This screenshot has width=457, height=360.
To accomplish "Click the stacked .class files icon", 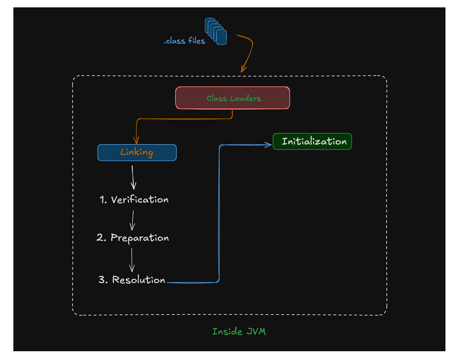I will coord(216,31).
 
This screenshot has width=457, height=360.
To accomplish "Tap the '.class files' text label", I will coord(184,41).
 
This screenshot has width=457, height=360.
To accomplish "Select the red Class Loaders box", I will coord(232,98).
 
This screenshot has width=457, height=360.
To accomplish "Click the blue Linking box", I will coord(137,152).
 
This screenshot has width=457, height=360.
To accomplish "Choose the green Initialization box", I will coord(313,141).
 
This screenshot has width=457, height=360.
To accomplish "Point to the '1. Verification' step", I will coord(134,200).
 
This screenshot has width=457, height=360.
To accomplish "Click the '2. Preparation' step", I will coord(133,238).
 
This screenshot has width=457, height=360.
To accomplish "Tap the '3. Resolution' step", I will coord(132,280).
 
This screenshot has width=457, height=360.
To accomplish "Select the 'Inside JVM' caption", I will coord(239,331).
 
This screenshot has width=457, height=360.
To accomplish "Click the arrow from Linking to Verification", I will coord(133,177).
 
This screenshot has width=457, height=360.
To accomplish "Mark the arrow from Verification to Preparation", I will coord(132,220).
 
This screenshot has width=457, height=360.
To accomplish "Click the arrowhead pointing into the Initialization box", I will coord(268,145).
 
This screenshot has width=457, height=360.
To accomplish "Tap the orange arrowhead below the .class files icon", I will coord(243,68).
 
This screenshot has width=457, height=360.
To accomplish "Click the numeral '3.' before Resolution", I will coord(103,280).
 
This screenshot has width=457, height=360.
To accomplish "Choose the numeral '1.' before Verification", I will coord(103,200).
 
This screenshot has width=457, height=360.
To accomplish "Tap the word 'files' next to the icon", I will coord(196,41).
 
